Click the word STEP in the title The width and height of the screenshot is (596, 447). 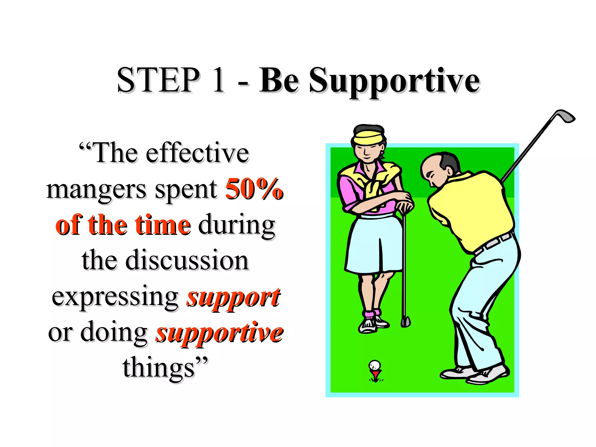tap(158, 80)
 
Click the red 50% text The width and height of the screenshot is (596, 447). tap(254, 189)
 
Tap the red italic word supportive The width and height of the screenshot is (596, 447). tap(220, 333)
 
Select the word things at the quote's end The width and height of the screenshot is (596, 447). tap(159, 368)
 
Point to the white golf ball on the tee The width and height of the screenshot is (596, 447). tap(375, 365)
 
